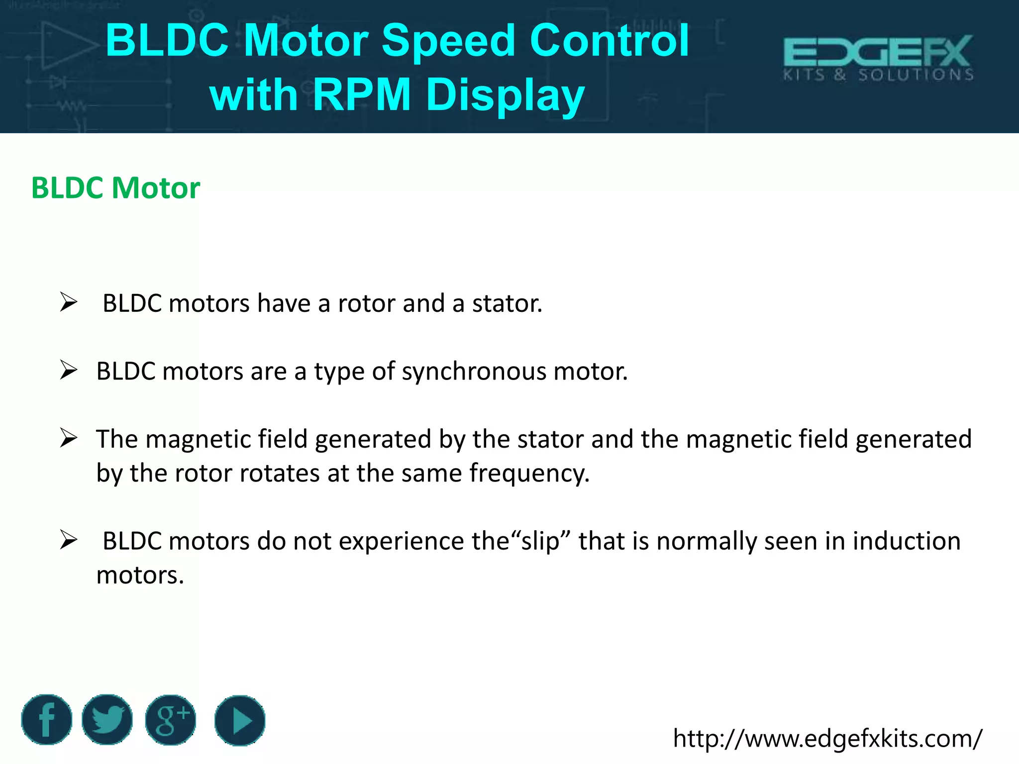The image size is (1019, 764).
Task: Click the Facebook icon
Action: (47, 720)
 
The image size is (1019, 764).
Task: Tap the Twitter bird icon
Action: (107, 720)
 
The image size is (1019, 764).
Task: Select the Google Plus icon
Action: (171, 720)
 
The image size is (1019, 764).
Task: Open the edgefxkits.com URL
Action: (827, 738)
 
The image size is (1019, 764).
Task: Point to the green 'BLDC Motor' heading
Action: (115, 188)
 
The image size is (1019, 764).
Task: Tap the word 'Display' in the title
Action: (505, 95)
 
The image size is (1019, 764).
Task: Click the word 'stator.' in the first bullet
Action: (507, 303)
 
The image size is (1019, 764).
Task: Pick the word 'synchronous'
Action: (474, 372)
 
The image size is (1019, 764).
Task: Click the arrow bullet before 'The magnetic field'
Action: (69, 438)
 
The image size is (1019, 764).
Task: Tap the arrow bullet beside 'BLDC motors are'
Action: (69, 371)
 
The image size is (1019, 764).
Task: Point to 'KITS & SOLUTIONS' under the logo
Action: (878, 75)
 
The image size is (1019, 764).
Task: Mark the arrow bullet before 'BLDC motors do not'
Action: (69, 540)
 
